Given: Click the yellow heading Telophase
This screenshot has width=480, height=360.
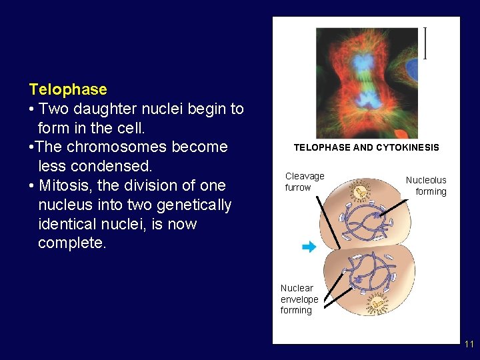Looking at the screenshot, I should tap(68, 89).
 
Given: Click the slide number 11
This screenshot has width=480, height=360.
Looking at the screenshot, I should tap(469, 344).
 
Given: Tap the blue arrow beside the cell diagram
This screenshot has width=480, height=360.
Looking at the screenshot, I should tap(308, 247).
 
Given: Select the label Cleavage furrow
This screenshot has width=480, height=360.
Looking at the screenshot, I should tap(305, 181).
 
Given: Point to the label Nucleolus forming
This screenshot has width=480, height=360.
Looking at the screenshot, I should tap(427, 185).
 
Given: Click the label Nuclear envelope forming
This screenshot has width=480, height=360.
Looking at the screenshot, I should tap(299, 299).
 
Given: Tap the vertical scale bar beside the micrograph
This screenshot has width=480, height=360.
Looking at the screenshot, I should tap(425, 43).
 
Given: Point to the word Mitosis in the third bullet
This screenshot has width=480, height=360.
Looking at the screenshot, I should tap(65, 185).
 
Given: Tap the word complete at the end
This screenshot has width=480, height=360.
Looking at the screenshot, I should tap(71, 243).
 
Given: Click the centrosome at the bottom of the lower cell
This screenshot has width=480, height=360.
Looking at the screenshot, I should tap(377, 305).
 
